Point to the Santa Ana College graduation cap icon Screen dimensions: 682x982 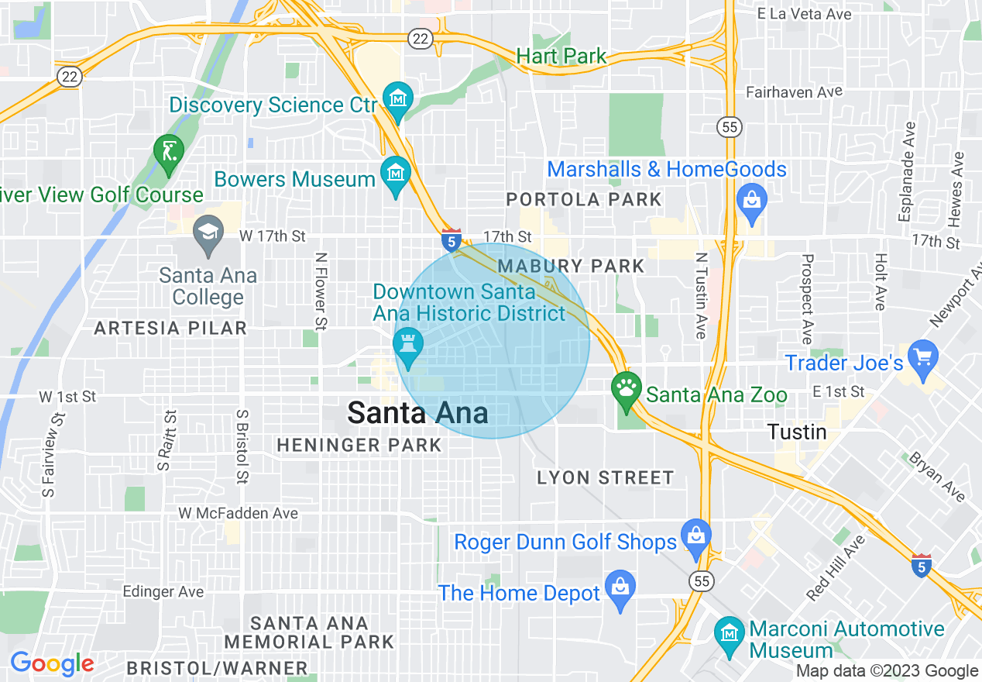[x=208, y=235]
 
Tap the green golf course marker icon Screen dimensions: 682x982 [x=168, y=153]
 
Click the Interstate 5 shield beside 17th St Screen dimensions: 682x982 [x=452, y=240]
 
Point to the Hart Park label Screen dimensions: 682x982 [x=561, y=56]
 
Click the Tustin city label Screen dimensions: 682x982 [x=797, y=432]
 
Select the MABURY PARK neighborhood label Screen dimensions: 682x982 [x=572, y=267]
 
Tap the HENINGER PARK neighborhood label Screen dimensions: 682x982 [x=359, y=446]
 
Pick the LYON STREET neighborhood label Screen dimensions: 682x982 [x=606, y=477]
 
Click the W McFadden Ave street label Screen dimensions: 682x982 [x=238, y=513]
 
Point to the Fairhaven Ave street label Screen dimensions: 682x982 [x=794, y=92]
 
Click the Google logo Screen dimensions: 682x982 [x=52, y=664]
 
